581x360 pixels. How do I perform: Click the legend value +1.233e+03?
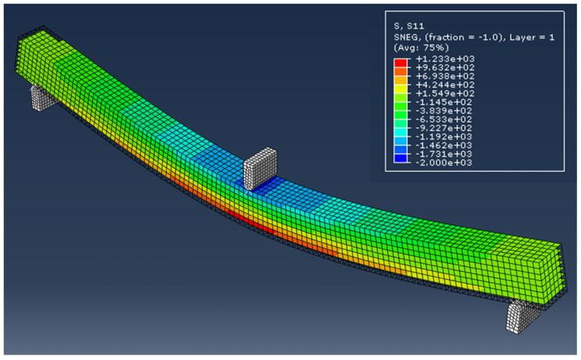(445, 59)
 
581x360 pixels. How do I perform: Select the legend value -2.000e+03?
(444, 163)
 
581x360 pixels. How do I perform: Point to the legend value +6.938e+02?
(445, 77)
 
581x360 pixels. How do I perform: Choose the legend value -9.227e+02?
(444, 128)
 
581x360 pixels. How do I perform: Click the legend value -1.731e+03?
(444, 154)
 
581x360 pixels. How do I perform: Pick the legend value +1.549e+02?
(445, 94)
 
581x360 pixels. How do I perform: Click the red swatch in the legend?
(400, 62)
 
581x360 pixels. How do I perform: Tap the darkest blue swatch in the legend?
(400, 159)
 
